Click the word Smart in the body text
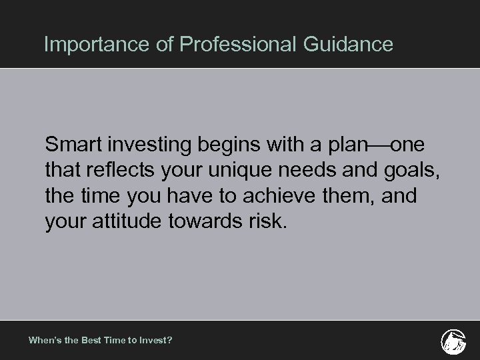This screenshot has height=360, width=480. pyautogui.click(x=72, y=145)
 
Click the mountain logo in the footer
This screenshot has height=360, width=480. pyautogui.click(x=453, y=340)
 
